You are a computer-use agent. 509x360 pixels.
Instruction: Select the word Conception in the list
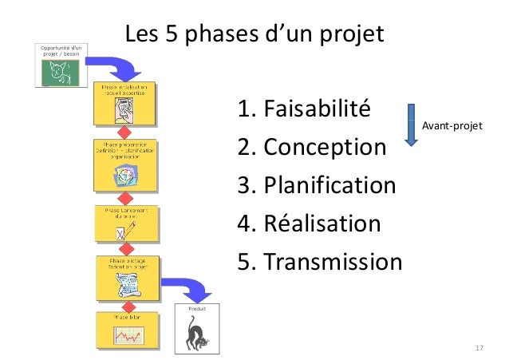point(325,148)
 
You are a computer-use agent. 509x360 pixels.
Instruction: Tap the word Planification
point(329,186)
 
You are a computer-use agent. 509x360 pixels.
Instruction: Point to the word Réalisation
point(322,224)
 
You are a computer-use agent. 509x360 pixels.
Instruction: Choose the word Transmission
point(333,262)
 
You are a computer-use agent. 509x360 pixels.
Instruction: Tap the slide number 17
point(479,349)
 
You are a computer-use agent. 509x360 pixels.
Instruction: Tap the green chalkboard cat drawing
point(61,72)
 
